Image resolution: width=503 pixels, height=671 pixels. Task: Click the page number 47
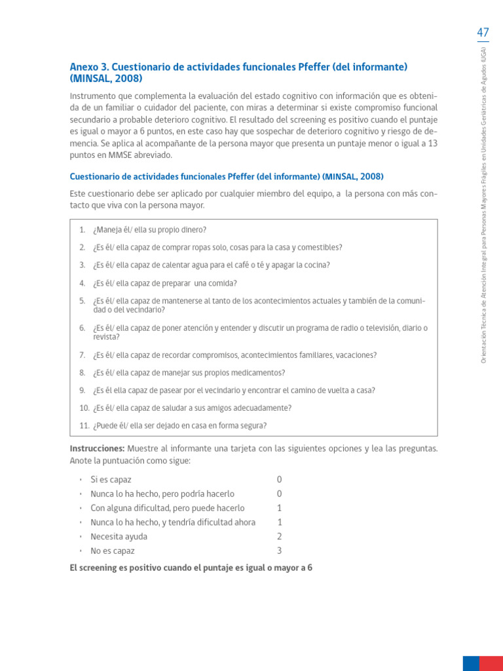click(483, 32)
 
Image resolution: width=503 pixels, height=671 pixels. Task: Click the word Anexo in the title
click(85, 67)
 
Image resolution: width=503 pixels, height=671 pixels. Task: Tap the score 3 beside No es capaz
click(279, 551)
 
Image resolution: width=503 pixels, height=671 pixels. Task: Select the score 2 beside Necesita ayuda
click(279, 537)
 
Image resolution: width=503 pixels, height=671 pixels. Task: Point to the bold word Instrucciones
click(97, 449)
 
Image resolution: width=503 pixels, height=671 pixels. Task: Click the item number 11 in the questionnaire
click(84, 426)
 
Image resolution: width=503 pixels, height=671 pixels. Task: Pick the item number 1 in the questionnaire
click(83, 230)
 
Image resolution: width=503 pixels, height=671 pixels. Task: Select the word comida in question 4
click(223, 284)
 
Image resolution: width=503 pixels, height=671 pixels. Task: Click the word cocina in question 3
click(316, 265)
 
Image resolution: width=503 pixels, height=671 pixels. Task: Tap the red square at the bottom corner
click(491, 663)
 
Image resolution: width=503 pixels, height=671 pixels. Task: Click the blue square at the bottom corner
click(471, 663)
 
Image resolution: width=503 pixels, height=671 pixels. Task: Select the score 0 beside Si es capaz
click(279, 480)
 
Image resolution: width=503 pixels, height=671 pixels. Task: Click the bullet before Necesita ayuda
click(80, 537)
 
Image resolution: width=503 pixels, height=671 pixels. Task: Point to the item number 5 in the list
click(83, 301)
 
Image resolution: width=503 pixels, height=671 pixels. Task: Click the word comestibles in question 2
click(320, 248)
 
